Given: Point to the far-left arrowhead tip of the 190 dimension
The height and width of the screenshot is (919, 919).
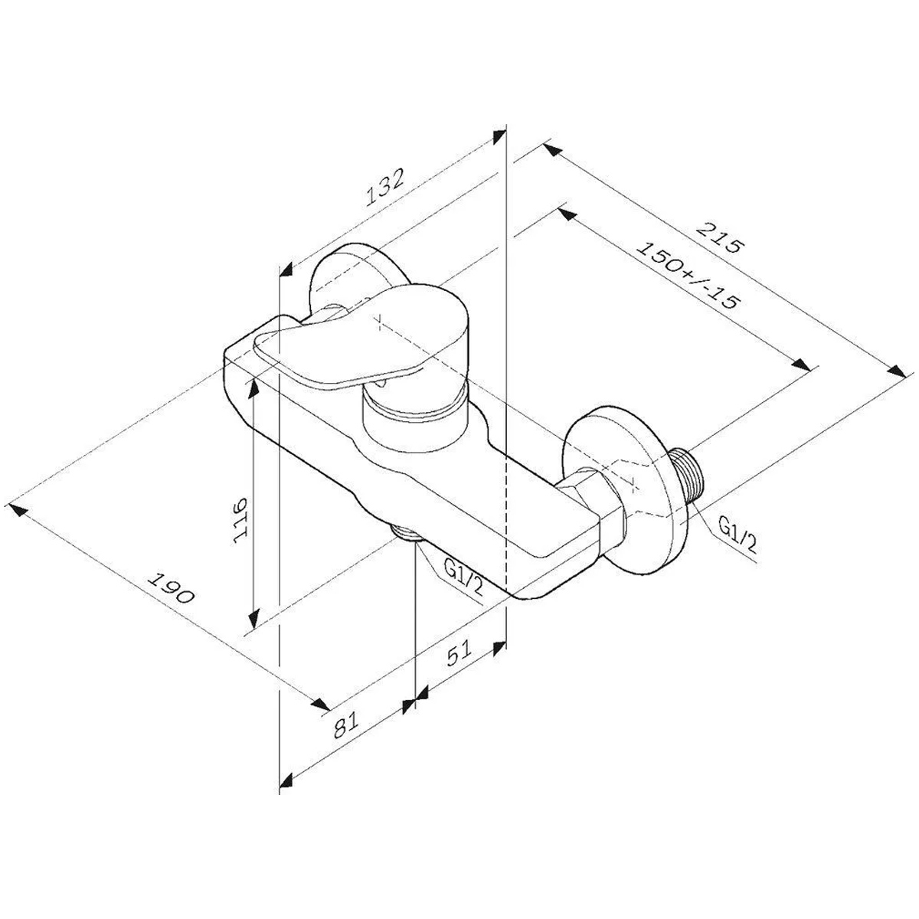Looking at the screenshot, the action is pos(9,504).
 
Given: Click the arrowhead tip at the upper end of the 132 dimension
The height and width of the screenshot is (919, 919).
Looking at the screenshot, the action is pos(505,129).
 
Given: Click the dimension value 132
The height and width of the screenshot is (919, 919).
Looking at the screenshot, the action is pos(384,188).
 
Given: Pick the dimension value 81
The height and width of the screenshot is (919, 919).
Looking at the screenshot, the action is pos(345,725).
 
